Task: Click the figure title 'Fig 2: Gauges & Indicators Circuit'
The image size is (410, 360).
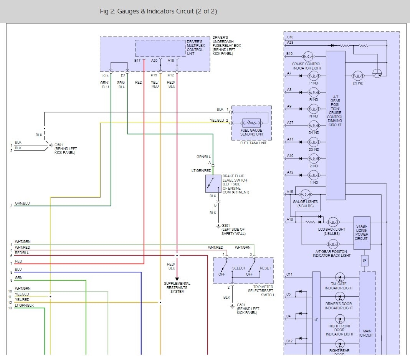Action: coord(158,12)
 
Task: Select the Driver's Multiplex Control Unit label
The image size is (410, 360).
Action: coord(195,47)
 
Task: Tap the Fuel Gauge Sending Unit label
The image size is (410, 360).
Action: coord(251,132)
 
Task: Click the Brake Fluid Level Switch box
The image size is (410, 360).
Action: coord(213,183)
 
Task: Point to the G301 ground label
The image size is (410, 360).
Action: coord(233,230)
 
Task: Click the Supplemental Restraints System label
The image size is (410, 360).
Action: coord(177,287)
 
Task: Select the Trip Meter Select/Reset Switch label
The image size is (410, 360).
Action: coord(263,291)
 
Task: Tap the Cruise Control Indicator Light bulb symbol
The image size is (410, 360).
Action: coord(309,56)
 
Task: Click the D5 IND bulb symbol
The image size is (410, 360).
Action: coord(358,76)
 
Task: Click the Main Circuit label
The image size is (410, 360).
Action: coord(366,333)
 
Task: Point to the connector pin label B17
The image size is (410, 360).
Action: coord(137,61)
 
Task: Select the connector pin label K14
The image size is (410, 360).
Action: coord(105,75)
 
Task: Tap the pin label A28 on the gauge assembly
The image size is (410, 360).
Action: coord(290,43)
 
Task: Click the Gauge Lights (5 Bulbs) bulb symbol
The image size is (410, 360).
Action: coord(306,195)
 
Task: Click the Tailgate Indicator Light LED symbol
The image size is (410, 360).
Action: coord(339,277)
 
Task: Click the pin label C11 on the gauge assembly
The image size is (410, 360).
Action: coord(289,274)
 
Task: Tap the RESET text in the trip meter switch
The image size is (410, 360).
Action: coord(265,268)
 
